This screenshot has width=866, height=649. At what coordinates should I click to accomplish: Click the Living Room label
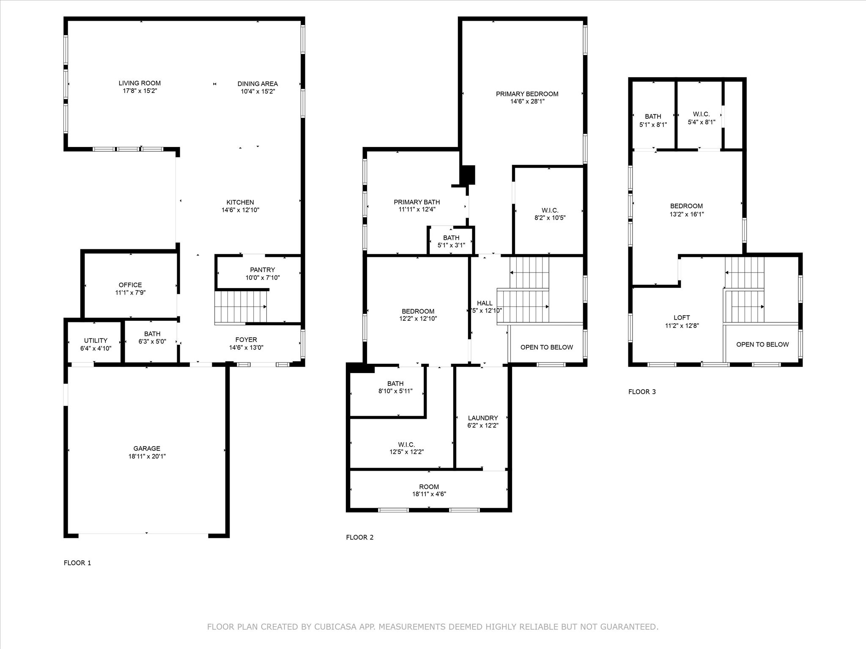(140, 83)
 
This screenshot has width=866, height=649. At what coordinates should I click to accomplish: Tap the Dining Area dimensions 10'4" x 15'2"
(258, 91)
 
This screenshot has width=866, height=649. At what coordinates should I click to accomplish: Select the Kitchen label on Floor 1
(240, 202)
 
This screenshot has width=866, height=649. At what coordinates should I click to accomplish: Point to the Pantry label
(263, 270)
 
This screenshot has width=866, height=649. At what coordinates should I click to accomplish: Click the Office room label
(130, 285)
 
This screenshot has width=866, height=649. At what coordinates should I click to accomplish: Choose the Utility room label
(96, 341)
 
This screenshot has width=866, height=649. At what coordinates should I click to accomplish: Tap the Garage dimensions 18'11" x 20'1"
(147, 456)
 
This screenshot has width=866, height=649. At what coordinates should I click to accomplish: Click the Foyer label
(246, 340)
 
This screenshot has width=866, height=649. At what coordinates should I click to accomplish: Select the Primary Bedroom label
(527, 94)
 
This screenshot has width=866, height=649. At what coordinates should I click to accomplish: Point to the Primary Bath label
(417, 202)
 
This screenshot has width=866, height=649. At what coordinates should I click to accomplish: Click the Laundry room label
(483, 418)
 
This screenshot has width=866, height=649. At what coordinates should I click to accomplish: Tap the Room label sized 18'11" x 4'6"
(429, 487)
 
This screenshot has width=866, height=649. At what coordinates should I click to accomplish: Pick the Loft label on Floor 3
(682, 318)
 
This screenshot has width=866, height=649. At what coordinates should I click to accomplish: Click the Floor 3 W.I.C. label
(702, 115)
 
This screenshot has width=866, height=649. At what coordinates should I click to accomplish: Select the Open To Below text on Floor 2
(547, 347)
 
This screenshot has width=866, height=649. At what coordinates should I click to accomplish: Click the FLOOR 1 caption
(77, 563)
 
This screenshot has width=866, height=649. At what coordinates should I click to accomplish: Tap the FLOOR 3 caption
(642, 392)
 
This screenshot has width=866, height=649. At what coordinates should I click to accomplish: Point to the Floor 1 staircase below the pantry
(241, 307)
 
